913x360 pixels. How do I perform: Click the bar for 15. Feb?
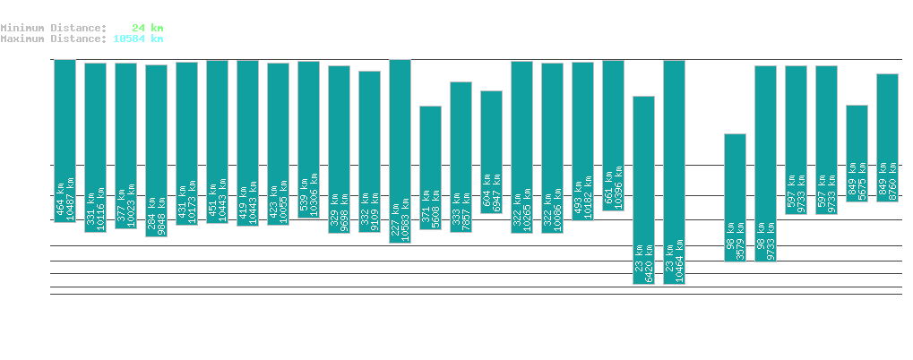(400, 150)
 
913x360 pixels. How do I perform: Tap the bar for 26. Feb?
(735, 197)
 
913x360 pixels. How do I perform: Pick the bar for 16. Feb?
(430, 167)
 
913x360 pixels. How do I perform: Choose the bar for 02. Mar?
(857, 153)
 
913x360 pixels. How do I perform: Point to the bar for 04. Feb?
(65, 141)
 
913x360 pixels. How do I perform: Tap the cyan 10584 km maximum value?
(138, 39)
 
